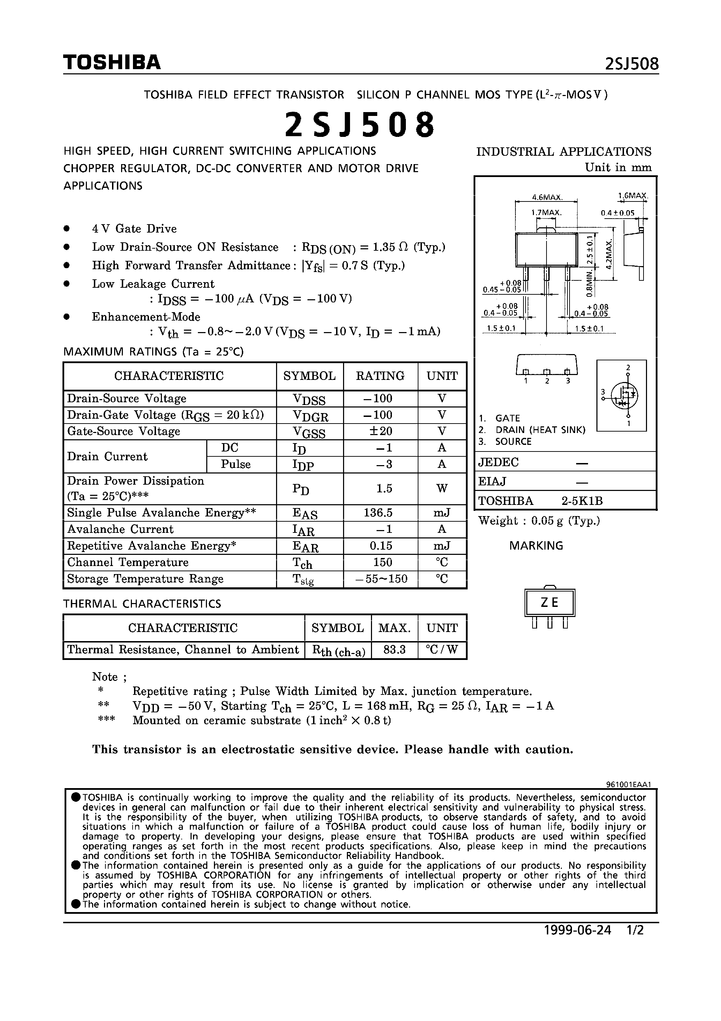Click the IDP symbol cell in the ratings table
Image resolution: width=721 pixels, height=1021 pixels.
pos(303,465)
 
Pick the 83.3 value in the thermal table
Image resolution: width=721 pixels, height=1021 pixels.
pos(394,650)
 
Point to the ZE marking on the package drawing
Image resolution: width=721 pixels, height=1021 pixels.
pos(549,603)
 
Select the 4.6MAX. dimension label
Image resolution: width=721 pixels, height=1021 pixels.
pos(547,197)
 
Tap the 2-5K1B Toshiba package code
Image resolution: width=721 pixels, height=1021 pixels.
pos(582,501)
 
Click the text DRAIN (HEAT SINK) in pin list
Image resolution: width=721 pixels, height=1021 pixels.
pos(540,429)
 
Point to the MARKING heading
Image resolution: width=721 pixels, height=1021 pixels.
pos(536,546)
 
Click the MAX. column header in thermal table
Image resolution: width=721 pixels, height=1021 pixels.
pos(394,628)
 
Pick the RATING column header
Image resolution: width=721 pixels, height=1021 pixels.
pos(380,376)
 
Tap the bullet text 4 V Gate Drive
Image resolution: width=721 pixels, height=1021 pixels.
pos(134,229)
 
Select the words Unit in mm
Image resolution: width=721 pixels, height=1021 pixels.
pos(618,168)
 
